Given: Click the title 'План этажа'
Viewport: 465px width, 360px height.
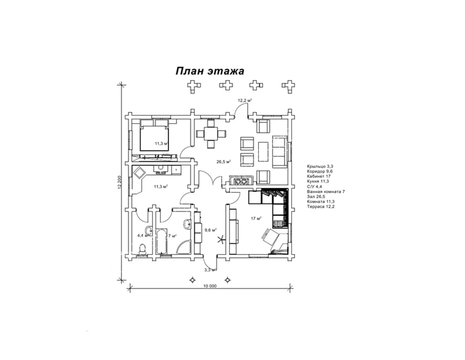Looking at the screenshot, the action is (x=210, y=71).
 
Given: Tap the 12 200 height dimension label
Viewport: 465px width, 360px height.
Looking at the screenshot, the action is (x=120, y=183).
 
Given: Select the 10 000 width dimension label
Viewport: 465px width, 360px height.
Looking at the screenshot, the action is (x=210, y=286).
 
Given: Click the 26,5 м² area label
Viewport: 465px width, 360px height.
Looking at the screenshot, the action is (x=224, y=162).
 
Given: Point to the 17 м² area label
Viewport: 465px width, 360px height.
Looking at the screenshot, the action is (x=256, y=219).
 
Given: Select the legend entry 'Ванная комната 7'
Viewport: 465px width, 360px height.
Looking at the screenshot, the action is (x=326, y=191).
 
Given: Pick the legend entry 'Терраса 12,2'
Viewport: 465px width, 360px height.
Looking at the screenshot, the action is (x=320, y=207).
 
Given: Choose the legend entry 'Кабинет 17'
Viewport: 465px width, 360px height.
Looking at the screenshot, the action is (x=319, y=176).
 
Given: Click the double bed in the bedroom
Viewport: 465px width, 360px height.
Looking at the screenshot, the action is (x=154, y=135).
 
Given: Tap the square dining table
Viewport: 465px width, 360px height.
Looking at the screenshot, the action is (x=211, y=134).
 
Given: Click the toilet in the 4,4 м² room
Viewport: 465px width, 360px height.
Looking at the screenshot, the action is (x=142, y=249).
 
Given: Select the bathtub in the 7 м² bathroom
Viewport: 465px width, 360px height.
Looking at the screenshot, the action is (x=161, y=242).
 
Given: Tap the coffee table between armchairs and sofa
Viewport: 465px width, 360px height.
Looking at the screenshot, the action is (x=263, y=152).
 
